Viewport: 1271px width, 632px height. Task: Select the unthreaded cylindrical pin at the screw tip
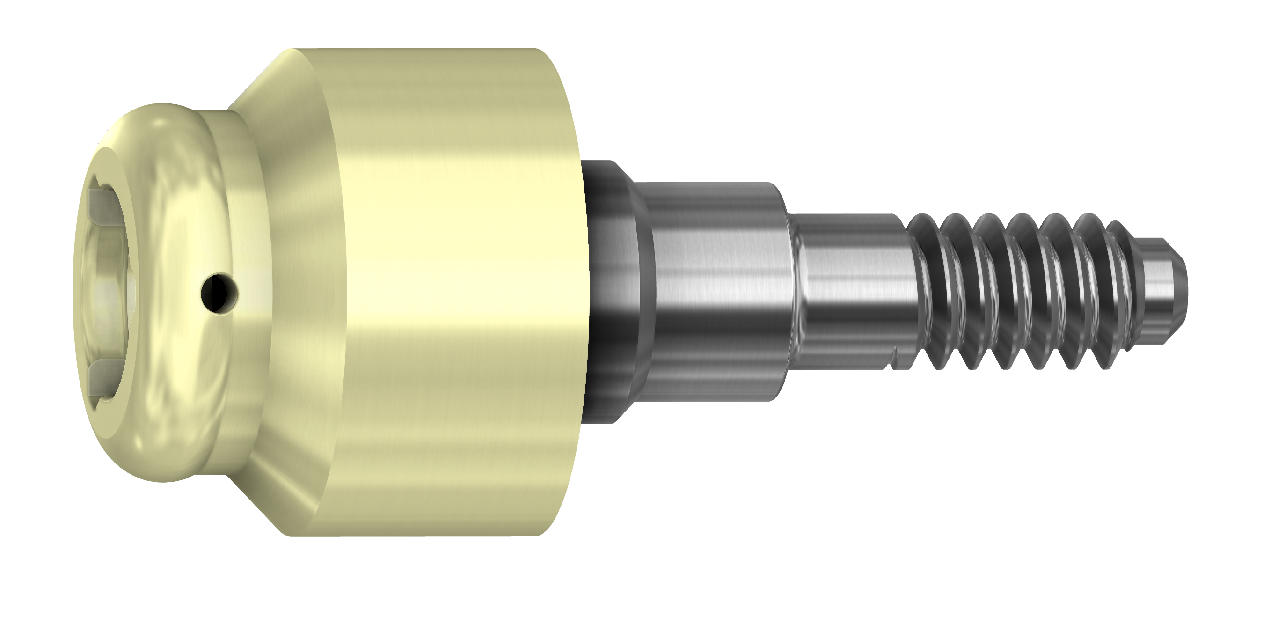(x=1157, y=291)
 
